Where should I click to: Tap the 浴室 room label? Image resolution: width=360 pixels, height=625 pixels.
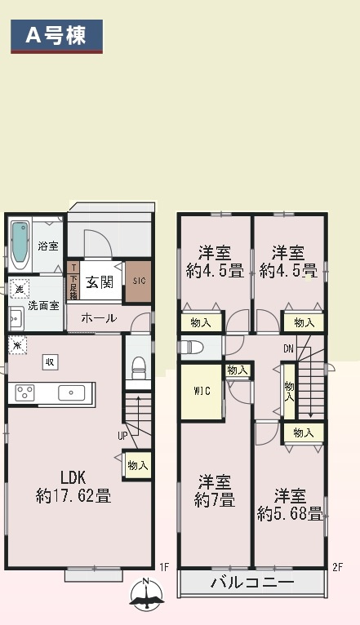[47, 246]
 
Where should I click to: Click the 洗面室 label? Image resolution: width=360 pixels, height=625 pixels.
[42, 306]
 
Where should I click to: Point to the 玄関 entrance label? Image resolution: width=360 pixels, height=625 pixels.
[100, 282]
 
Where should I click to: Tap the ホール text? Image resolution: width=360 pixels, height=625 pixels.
[98, 318]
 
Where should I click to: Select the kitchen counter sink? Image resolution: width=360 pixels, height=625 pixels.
[71, 392]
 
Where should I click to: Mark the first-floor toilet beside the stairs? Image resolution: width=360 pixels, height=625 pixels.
[138, 364]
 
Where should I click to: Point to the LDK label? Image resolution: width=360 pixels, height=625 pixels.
[73, 477]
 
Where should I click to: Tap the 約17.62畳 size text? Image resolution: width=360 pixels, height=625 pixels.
[73, 495]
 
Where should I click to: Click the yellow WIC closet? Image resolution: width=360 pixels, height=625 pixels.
[202, 391]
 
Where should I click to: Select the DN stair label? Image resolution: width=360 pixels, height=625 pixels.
[288, 349]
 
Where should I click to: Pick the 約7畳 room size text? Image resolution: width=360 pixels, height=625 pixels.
[215, 499]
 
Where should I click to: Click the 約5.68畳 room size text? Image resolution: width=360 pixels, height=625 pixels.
[290, 513]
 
